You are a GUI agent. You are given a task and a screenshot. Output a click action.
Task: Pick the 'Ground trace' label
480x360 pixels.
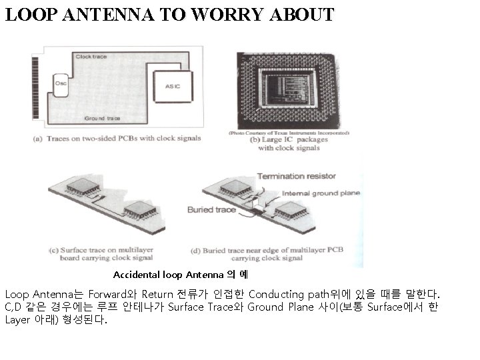102,118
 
